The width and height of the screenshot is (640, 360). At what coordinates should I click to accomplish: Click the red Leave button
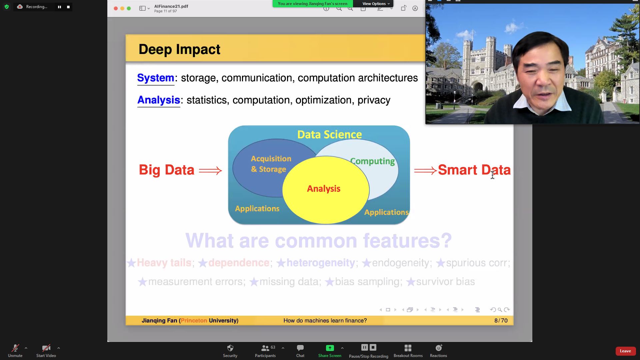pos(625,351)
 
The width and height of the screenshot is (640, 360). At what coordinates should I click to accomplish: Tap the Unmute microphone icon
pos(15,348)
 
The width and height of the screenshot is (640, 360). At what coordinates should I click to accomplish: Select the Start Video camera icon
pos(46,348)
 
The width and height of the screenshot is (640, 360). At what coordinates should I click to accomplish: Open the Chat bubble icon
pos(300,348)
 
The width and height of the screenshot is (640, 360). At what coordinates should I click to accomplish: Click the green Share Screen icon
pos(330,348)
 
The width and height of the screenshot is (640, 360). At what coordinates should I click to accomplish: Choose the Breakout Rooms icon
pos(408,348)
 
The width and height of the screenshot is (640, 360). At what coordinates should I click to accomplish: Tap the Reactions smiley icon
pos(439,348)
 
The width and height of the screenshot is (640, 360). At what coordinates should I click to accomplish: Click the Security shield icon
pos(230,348)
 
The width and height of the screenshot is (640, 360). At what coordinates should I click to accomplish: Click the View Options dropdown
pos(376,4)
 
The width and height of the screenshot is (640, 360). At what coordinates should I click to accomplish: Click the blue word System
pos(156,78)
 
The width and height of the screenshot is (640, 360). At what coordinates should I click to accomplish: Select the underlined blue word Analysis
pos(159,100)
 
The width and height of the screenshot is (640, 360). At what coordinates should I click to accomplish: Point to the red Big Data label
pos(166,170)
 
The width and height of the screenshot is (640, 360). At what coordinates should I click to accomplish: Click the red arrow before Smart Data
pos(425,171)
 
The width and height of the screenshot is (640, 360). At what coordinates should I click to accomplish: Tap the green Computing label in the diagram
pos(372,161)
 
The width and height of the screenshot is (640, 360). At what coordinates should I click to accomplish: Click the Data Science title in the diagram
pos(329,134)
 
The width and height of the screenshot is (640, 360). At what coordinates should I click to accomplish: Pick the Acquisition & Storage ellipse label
pos(271,164)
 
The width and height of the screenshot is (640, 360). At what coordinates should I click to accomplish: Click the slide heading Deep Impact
pos(179,49)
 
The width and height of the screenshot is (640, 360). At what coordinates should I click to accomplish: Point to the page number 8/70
pos(501,321)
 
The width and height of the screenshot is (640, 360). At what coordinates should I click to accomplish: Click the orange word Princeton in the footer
pos(194,321)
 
